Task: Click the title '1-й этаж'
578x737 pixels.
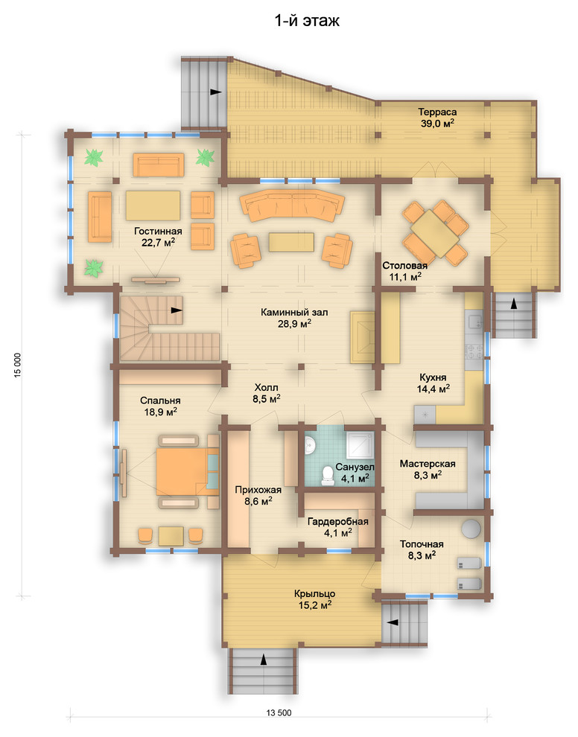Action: click(307, 21)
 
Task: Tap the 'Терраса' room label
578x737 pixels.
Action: click(437, 112)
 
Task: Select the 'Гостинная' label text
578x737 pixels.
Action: click(158, 232)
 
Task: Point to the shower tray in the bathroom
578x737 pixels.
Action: click(361, 444)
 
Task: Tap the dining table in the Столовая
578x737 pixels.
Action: click(435, 233)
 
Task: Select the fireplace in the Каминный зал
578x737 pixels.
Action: click(362, 336)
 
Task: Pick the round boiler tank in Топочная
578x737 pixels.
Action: click(471, 528)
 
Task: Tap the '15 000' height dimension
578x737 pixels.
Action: click(18, 366)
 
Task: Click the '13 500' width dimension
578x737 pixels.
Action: click(279, 712)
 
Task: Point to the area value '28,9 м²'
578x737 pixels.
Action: click(294, 324)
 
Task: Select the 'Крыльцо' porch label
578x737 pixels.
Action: click(314, 593)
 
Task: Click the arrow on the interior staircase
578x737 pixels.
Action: click(177, 310)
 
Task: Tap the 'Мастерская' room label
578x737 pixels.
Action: click(428, 464)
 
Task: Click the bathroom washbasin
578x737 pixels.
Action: click(310, 444)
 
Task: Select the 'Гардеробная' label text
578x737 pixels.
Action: click(337, 522)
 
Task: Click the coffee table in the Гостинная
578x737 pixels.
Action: click(153, 205)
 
